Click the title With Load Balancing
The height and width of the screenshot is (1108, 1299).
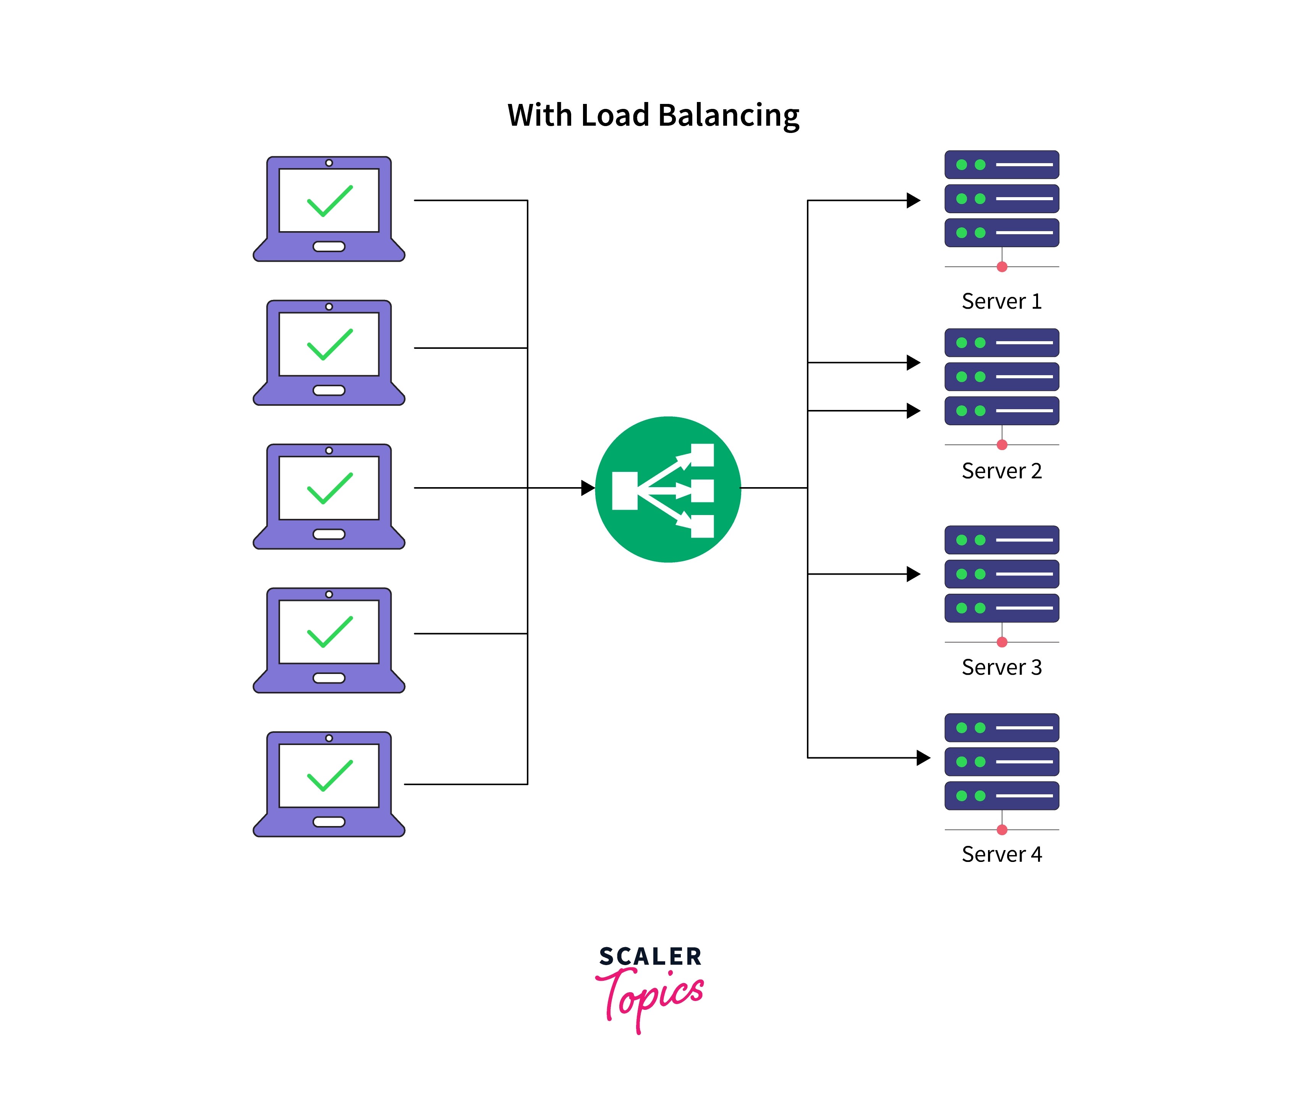click(x=653, y=115)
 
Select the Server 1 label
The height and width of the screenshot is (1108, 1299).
click(x=1001, y=301)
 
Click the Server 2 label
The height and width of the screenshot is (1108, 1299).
click(x=1001, y=471)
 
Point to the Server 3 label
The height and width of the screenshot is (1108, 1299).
click(x=1001, y=667)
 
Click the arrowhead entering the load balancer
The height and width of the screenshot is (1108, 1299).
click(x=588, y=488)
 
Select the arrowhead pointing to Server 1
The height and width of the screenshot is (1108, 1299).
click(x=914, y=201)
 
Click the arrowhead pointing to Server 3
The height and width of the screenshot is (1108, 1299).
click(x=914, y=574)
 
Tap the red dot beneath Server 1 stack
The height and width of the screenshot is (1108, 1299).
click(x=1002, y=267)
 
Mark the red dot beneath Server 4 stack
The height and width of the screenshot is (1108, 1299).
click(x=1002, y=829)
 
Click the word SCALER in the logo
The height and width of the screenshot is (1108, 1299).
click(x=650, y=957)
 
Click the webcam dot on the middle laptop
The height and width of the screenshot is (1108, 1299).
click(x=329, y=450)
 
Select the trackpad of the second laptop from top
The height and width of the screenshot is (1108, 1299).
click(x=329, y=390)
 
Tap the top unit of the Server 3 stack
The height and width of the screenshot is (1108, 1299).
click(x=1001, y=540)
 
